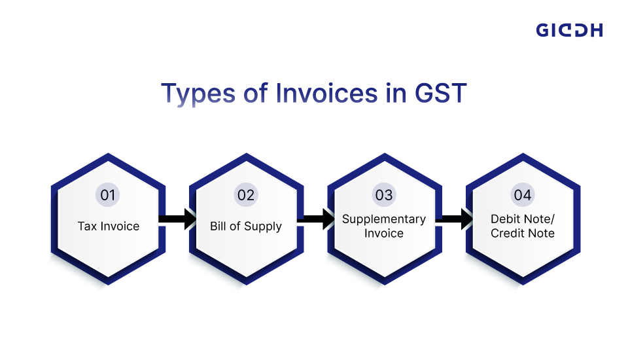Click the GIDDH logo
(x=569, y=30)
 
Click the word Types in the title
(x=194, y=93)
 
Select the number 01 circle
(x=108, y=195)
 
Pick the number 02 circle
(x=246, y=195)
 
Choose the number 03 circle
(x=384, y=195)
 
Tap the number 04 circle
(x=522, y=195)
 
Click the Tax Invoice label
(x=109, y=226)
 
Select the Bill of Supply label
(x=246, y=226)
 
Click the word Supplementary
(x=384, y=219)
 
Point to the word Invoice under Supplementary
(x=384, y=233)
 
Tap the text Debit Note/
(x=523, y=219)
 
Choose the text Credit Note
(x=523, y=233)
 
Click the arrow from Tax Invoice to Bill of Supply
(x=177, y=219)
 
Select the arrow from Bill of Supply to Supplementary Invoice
(x=315, y=219)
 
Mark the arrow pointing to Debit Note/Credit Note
(x=453, y=219)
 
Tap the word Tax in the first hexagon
(x=87, y=226)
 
